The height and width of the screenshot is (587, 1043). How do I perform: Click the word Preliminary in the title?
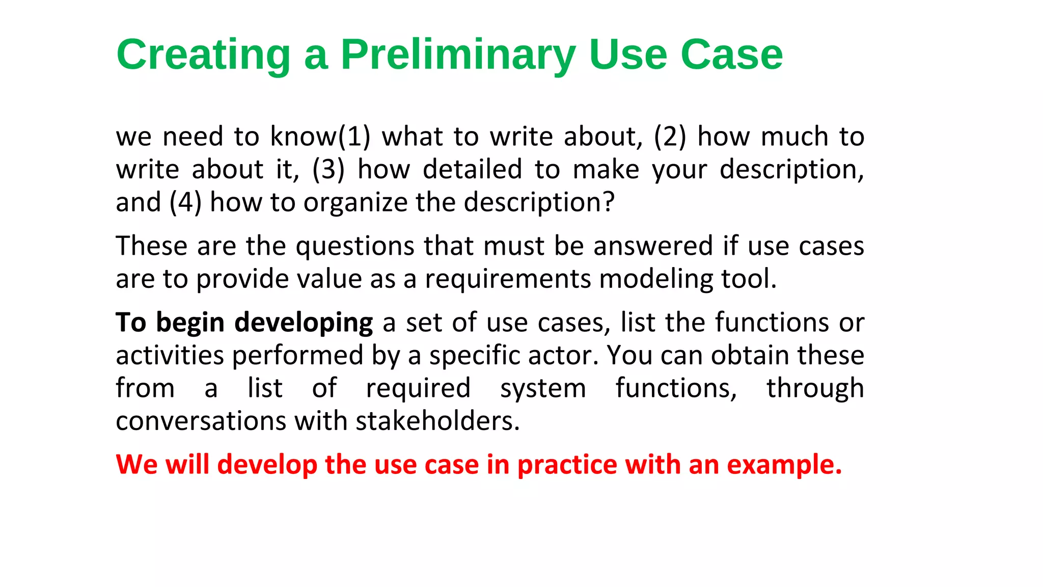(x=457, y=55)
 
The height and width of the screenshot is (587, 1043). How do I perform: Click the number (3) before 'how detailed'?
(x=328, y=169)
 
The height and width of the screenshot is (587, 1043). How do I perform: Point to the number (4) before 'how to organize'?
(x=185, y=202)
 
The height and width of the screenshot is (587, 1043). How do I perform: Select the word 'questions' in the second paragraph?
(x=355, y=246)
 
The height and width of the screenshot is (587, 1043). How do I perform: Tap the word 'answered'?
(x=653, y=246)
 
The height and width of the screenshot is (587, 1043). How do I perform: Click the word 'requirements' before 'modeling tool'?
(x=507, y=279)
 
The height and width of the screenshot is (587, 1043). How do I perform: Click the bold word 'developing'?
(x=304, y=323)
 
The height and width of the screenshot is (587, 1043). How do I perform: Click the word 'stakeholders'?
(x=437, y=421)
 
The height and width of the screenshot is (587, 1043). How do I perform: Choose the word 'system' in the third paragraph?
(x=543, y=389)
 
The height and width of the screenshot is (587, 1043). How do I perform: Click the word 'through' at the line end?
(x=815, y=389)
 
